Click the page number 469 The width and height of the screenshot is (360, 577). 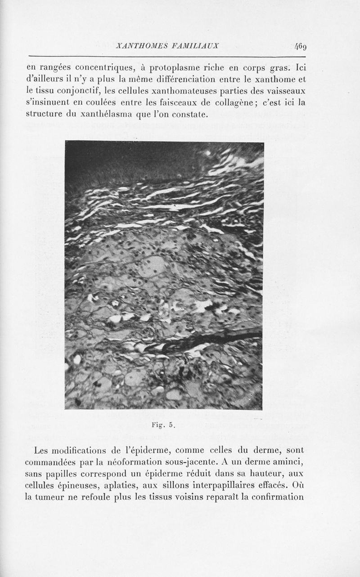click(300, 46)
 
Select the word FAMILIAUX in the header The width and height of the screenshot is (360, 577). click(197, 46)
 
